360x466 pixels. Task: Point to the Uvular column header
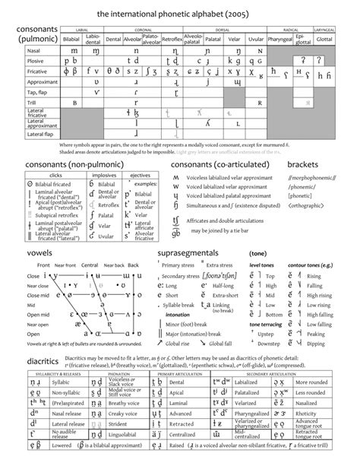coord(256,36)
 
